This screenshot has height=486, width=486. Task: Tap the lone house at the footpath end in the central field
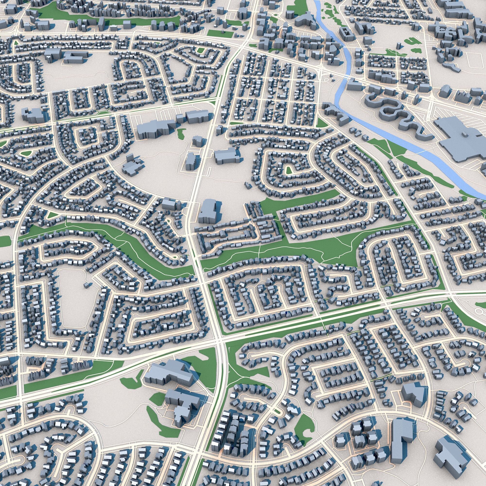[x=248, y=185]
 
